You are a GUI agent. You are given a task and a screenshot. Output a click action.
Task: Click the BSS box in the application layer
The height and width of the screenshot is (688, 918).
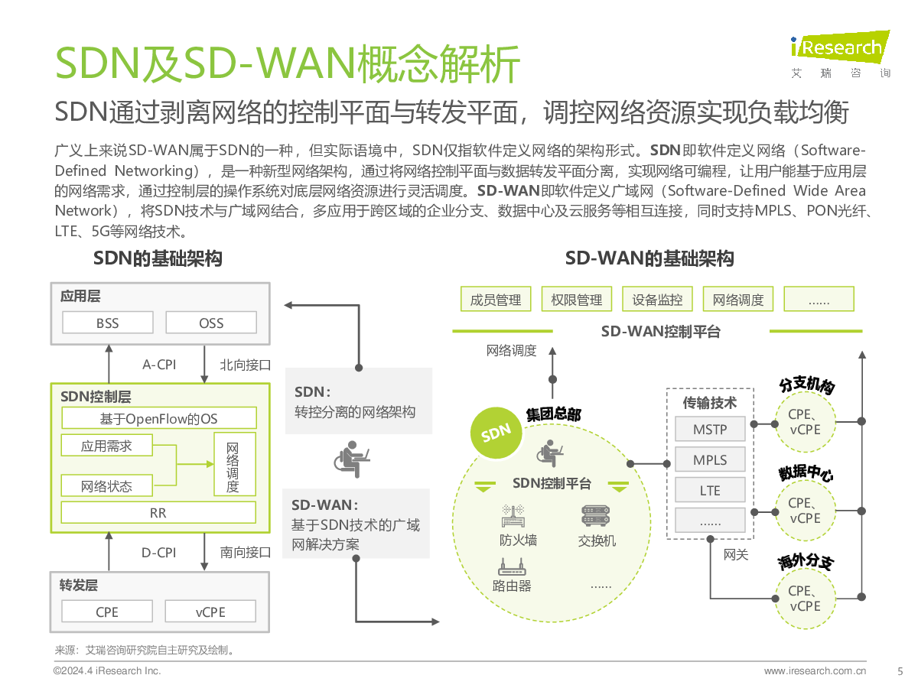coord(108,323)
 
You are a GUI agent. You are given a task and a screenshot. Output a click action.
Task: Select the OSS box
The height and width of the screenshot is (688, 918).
coord(211,323)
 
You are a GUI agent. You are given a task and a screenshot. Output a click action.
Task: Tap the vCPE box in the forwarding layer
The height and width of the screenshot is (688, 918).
coord(210,612)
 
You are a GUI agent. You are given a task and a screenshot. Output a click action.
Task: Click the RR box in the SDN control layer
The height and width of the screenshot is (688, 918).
coord(158,512)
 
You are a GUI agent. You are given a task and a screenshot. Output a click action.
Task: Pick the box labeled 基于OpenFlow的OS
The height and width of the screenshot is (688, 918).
coord(159,418)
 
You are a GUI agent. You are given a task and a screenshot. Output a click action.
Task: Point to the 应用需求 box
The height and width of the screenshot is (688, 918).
coord(106,446)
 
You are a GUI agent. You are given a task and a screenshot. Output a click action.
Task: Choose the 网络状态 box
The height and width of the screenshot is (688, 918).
coord(106,486)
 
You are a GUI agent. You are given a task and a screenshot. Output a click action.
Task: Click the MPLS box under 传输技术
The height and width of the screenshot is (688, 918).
coord(710,459)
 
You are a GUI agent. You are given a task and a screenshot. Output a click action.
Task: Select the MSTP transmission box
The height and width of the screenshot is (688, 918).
coord(710,429)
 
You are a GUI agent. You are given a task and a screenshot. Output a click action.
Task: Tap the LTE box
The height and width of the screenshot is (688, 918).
coord(710,490)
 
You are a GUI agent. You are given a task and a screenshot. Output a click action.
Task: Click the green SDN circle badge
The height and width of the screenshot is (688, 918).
coord(496,433)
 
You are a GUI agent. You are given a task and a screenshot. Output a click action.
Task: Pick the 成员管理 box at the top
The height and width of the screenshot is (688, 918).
coord(496,299)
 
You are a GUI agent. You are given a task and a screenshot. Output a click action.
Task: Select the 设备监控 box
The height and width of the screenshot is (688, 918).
coord(657,299)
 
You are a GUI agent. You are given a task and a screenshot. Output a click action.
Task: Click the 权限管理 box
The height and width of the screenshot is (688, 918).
coord(577,299)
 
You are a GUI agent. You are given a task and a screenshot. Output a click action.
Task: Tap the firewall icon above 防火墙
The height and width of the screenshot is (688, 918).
coord(513,516)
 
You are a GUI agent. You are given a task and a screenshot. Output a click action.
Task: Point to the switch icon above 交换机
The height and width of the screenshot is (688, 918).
coord(595,516)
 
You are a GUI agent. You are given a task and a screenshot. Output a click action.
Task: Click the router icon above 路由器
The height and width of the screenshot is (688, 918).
coord(512,567)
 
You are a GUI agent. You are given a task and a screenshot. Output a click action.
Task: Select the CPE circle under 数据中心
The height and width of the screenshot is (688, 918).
coord(806,511)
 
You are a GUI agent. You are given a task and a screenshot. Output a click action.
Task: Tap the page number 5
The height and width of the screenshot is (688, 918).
coord(900,672)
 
